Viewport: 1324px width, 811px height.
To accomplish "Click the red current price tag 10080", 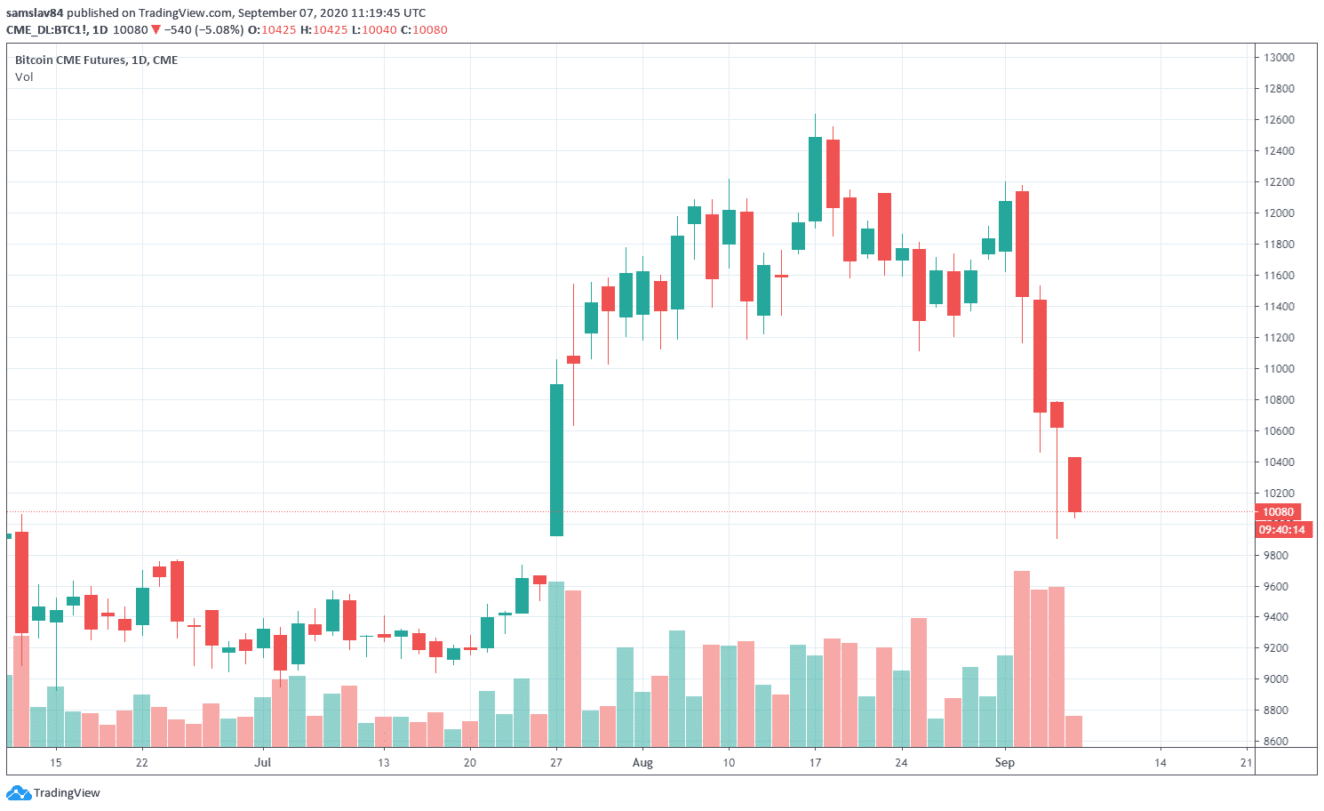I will pos(1278,512).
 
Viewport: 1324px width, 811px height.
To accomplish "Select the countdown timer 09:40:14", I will pos(1281,530).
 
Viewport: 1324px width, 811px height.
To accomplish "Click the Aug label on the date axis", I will pos(642,763).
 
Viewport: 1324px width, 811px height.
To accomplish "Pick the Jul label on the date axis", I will pos(262,763).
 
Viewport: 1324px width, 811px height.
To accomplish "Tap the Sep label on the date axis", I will pos(1005,763).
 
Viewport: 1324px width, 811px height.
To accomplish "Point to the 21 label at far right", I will pos(1247,763).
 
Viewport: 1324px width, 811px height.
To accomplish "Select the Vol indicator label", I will pos(24,77).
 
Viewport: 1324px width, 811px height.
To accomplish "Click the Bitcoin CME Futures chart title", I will pos(96,60).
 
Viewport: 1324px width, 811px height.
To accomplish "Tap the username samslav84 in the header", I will pos(35,13).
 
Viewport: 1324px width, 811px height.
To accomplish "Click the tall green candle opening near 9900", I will pos(556,460).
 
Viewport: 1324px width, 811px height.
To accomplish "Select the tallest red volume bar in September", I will pos(1022,658).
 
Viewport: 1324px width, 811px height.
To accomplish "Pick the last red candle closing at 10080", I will pos(1074,485).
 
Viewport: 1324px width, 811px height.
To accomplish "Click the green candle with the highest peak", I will pos(815,179).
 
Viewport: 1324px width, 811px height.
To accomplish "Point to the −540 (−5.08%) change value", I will pos(203,30).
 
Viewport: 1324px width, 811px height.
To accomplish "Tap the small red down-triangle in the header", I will pos(156,30).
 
